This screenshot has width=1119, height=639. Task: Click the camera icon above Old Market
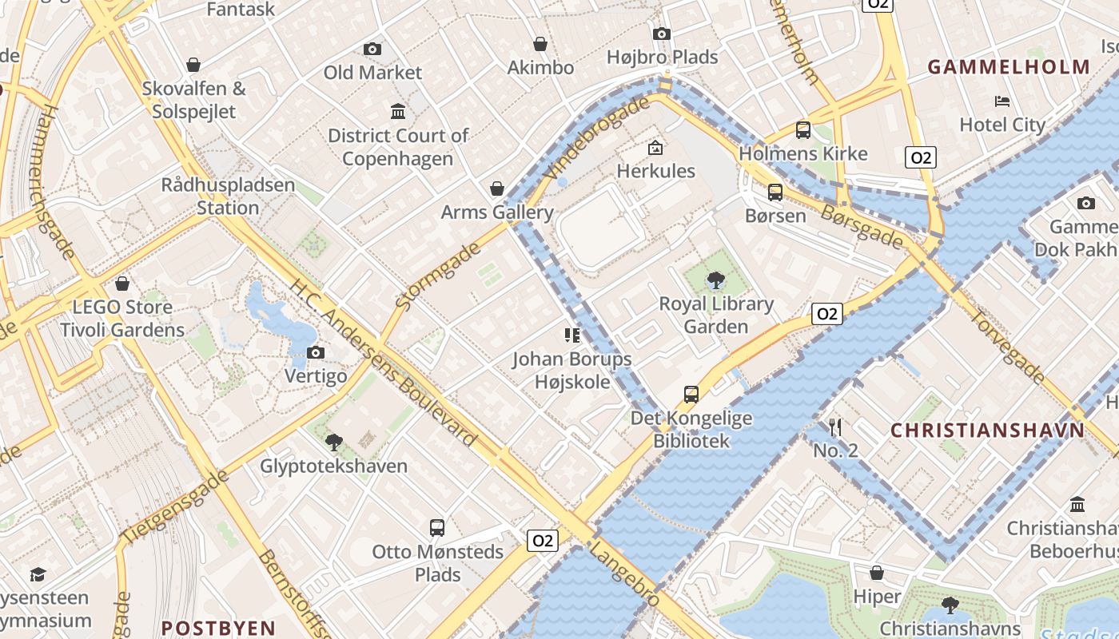(372, 50)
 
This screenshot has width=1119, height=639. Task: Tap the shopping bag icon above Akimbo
(540, 44)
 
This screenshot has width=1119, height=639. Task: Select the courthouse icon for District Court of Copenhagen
(397, 111)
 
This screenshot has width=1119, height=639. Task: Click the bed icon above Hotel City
(1002, 101)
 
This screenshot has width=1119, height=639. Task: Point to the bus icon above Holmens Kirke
(802, 130)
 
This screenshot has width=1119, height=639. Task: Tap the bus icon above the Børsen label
(775, 192)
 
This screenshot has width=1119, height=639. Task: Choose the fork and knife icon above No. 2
(835, 427)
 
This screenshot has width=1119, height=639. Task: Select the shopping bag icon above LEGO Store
(122, 284)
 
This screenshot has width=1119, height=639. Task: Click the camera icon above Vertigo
(316, 353)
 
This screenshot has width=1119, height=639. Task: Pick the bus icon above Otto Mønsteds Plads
(436, 528)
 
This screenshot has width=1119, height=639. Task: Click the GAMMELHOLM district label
(1009, 68)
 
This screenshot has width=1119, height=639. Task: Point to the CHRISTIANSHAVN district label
(988, 431)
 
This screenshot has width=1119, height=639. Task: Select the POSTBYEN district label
(218, 628)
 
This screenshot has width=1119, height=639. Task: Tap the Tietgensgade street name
(173, 508)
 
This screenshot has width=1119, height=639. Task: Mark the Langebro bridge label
(624, 574)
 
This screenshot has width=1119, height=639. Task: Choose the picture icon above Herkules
(655, 148)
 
